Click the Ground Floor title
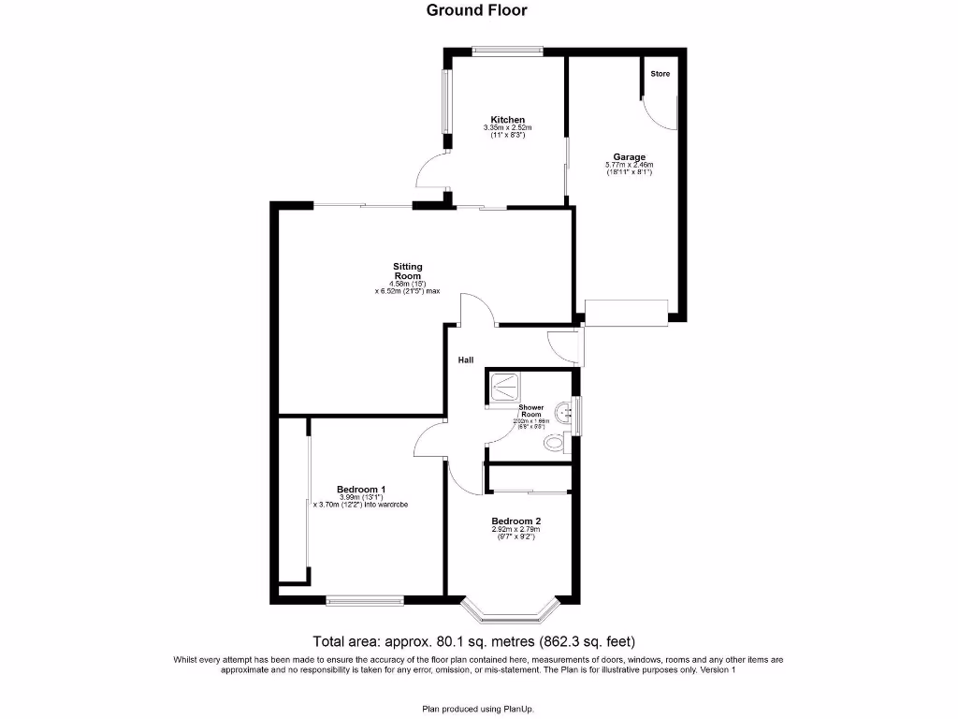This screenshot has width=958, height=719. coord(476,11)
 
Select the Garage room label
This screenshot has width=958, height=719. coord(629,157)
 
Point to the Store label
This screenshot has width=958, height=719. coord(660,74)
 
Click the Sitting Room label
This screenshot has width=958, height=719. coord(407,271)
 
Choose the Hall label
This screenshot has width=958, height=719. coord(465,359)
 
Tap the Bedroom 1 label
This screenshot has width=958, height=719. coord(361,490)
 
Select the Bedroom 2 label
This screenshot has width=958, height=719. coord(516,521)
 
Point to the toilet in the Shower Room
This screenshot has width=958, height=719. coord(556,444)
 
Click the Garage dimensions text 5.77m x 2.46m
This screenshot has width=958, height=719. coord(629,166)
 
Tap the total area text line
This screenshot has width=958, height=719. coord(473,641)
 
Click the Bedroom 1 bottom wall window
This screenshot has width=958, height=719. coord(365,599)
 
